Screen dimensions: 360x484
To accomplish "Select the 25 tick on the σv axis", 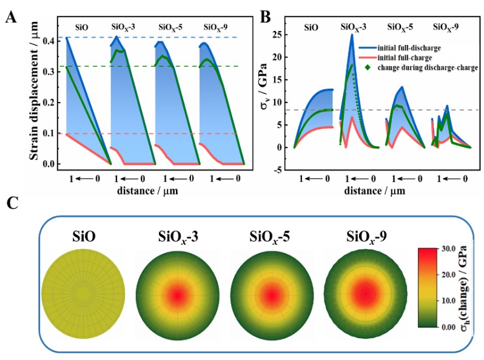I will click(x=280, y=34).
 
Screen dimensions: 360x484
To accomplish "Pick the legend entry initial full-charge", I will click(x=415, y=58).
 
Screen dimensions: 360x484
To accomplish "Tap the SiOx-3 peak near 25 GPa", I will click(x=352, y=35).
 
